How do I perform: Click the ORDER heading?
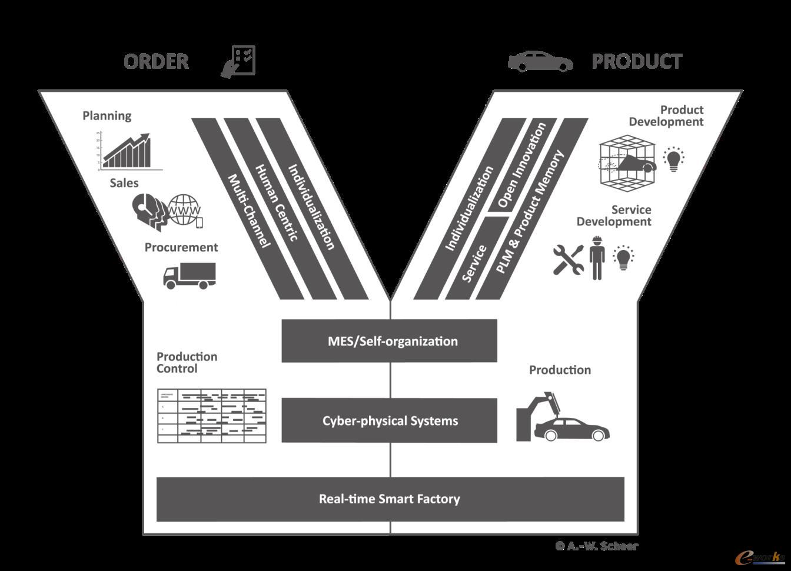(156, 61)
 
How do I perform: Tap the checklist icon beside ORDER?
(239, 61)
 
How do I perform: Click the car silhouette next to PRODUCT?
(540, 61)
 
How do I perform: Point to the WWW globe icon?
(185, 210)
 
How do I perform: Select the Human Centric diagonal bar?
(276, 203)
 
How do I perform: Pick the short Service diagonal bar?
(474, 263)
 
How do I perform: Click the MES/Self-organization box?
(390, 341)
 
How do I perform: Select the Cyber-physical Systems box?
(390, 421)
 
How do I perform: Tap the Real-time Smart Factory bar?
(390, 499)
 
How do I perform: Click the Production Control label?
(187, 363)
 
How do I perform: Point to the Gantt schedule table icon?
(212, 415)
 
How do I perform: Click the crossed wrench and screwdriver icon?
(568, 259)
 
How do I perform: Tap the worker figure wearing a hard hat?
(597, 258)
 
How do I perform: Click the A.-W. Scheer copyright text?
(597, 546)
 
